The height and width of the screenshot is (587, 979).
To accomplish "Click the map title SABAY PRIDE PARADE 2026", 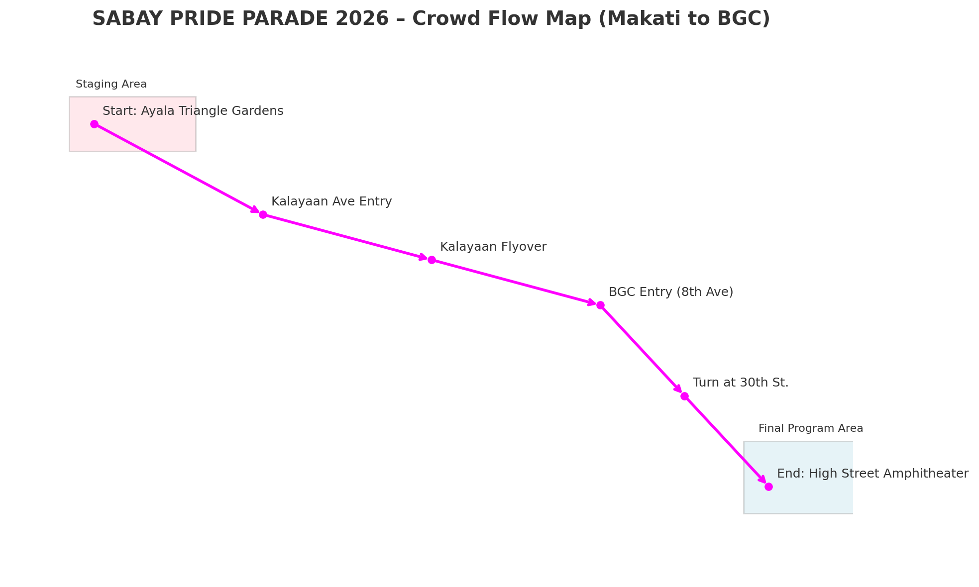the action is (240, 19).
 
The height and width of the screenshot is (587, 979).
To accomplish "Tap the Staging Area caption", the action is (111, 85).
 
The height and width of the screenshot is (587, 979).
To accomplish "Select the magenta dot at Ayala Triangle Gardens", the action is (94, 124).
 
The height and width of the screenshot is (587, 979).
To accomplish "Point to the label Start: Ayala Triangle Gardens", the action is (193, 111).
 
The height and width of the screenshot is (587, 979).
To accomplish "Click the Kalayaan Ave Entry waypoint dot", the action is (263, 214).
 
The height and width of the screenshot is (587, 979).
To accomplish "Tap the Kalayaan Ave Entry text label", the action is (331, 201).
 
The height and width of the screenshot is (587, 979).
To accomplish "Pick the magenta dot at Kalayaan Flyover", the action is (432, 260).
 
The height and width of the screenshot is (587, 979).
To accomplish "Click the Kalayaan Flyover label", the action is (493, 247).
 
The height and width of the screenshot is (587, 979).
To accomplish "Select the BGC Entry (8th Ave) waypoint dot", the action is (600, 305).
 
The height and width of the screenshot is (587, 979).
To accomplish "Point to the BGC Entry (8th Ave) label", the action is (671, 292).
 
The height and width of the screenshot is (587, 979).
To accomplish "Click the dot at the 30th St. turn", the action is (684, 396).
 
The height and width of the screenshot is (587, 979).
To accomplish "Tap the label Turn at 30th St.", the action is (741, 383).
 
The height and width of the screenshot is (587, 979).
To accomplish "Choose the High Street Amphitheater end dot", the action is (768, 487).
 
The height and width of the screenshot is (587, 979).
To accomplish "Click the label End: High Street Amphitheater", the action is (872, 474).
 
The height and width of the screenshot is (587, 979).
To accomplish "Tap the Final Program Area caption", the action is (811, 428).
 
